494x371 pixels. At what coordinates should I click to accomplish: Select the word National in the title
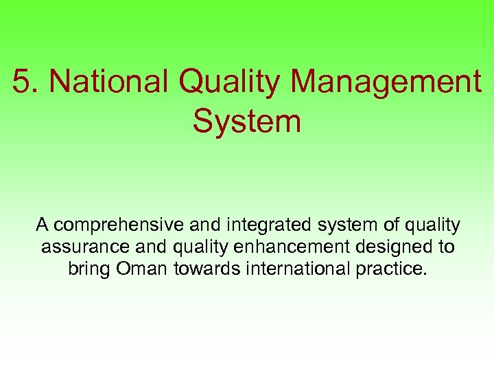click(x=109, y=82)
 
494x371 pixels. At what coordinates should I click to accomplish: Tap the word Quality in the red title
click(x=230, y=82)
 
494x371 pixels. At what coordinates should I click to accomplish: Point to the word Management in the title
click(x=387, y=82)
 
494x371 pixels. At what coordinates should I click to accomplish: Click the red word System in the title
click(x=247, y=122)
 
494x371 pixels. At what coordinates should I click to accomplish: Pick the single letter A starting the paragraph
click(x=42, y=225)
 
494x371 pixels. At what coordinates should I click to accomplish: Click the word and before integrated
click(x=199, y=225)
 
